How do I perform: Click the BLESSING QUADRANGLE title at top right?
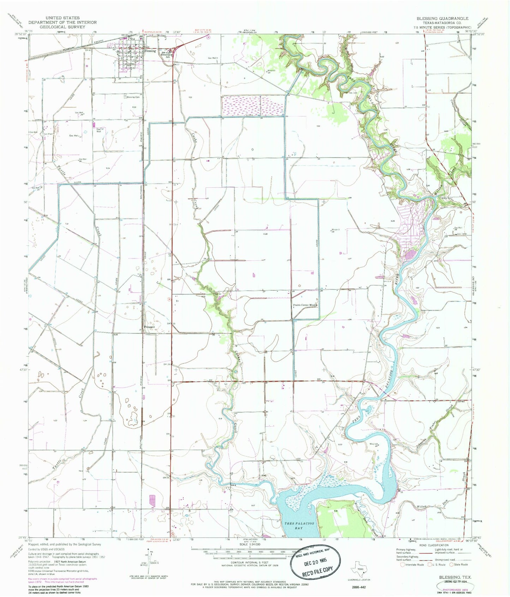click(442, 18)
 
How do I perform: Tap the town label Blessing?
click(150, 51)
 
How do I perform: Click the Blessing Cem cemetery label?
click(133, 97)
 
